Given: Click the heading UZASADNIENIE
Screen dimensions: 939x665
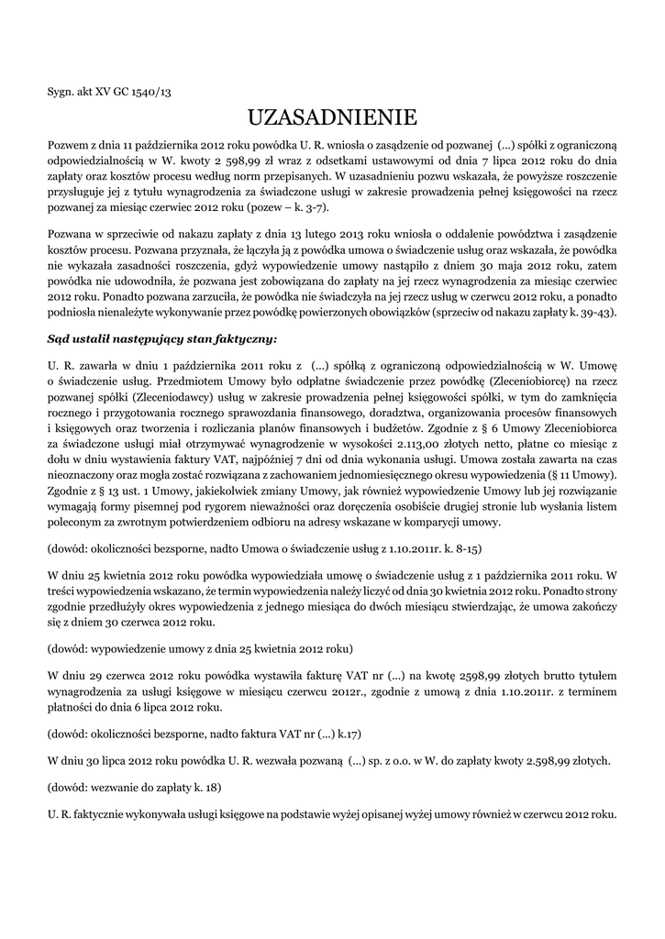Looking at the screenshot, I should click(x=332, y=117).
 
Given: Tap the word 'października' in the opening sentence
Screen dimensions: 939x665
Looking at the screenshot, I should click(x=174, y=145).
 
